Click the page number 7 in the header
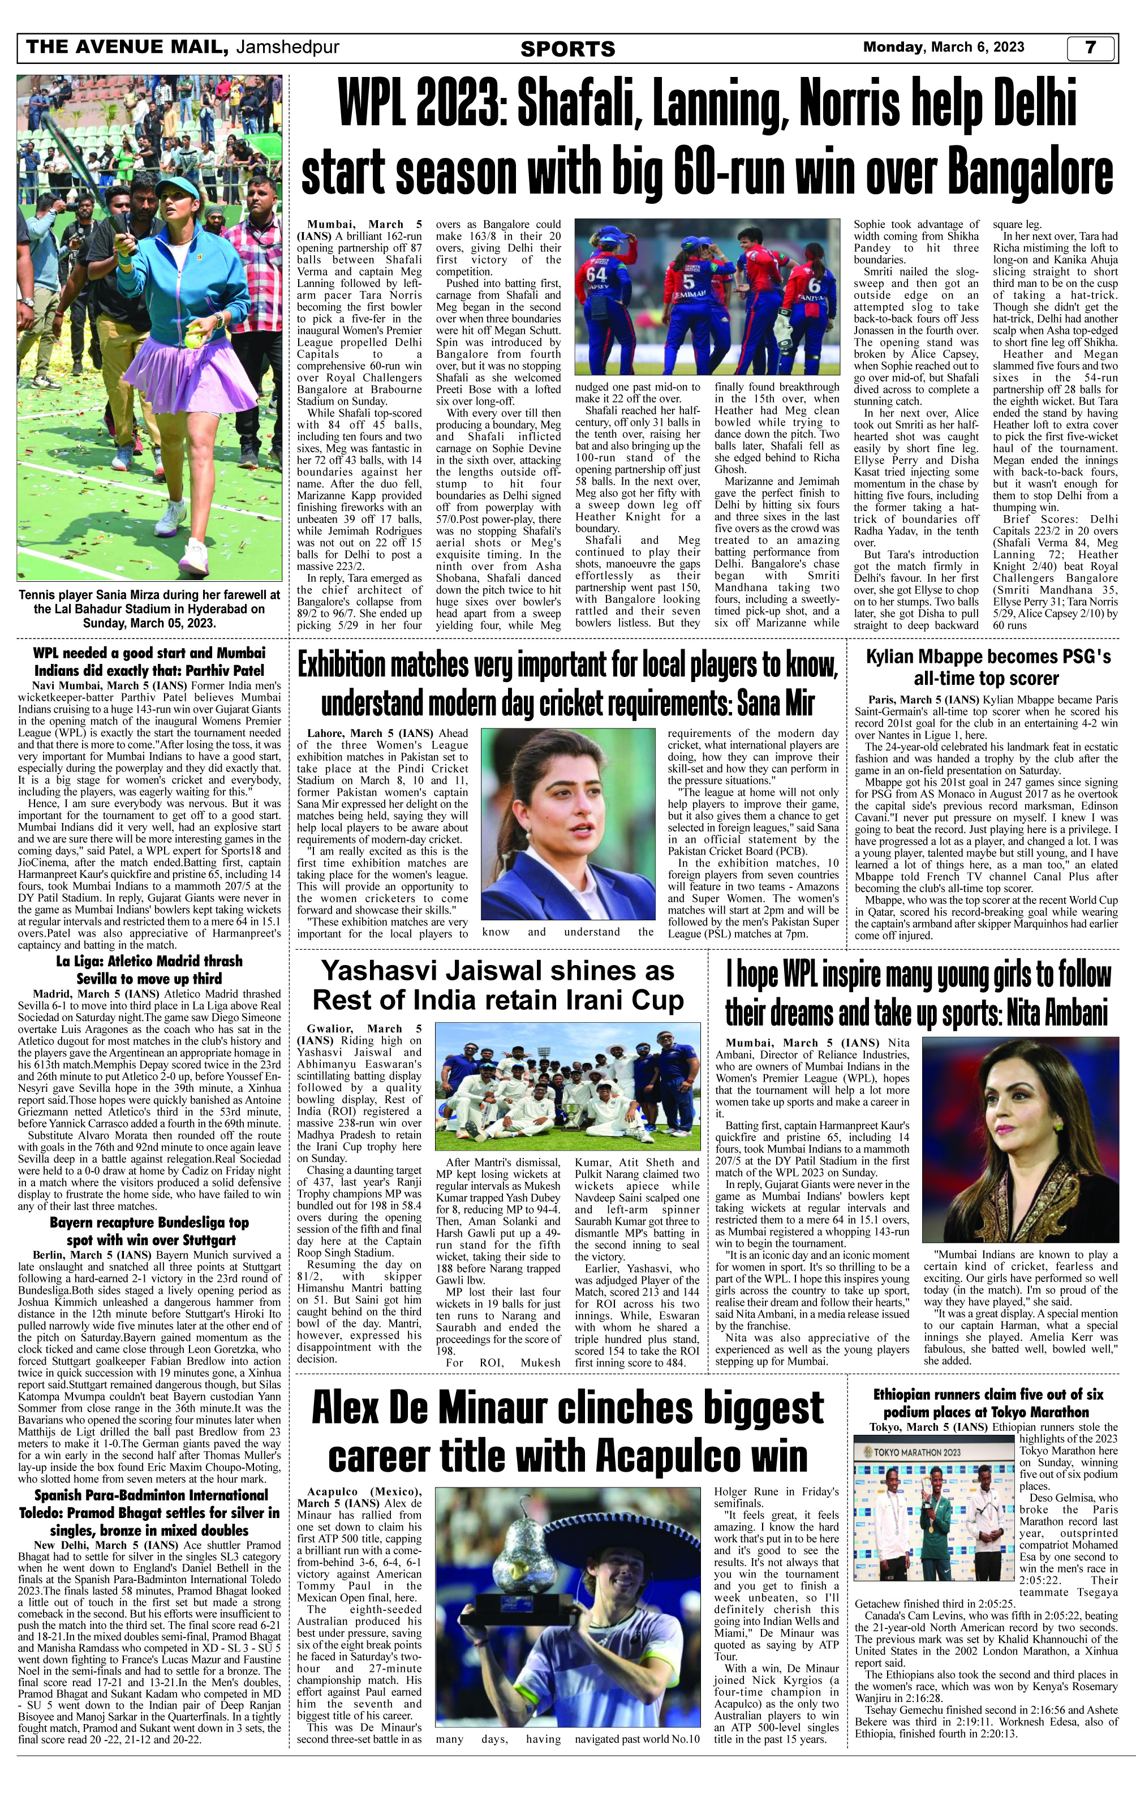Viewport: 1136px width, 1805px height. (1090, 48)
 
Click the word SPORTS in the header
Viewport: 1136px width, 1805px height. (567, 49)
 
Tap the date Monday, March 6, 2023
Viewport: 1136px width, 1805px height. (944, 47)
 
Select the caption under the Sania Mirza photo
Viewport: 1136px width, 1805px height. (149, 608)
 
